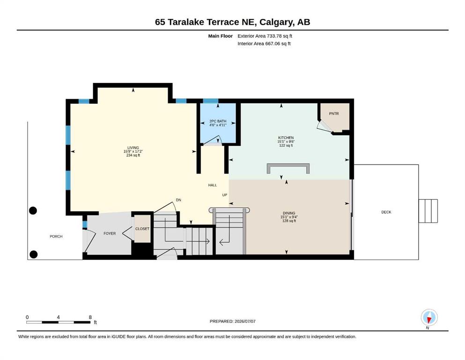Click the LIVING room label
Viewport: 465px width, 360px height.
133,148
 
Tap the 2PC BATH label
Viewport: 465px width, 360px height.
218,121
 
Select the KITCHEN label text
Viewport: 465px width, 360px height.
286,138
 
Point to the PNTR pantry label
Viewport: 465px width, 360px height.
334,113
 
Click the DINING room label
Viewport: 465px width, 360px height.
289,213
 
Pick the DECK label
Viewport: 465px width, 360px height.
386,212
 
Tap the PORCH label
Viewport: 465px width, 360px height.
56,237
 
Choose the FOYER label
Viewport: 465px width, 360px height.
110,233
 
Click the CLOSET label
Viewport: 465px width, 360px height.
142,229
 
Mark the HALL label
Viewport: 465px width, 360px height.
212,185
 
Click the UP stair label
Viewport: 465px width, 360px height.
225,195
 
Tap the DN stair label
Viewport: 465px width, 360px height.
178,200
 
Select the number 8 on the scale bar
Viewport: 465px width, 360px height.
90,317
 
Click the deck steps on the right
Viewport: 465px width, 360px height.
428,211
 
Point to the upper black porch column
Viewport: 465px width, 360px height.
33,210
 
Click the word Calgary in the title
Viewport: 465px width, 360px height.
275,22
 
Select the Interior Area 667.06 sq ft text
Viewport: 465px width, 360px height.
264,44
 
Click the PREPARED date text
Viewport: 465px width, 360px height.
232,321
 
